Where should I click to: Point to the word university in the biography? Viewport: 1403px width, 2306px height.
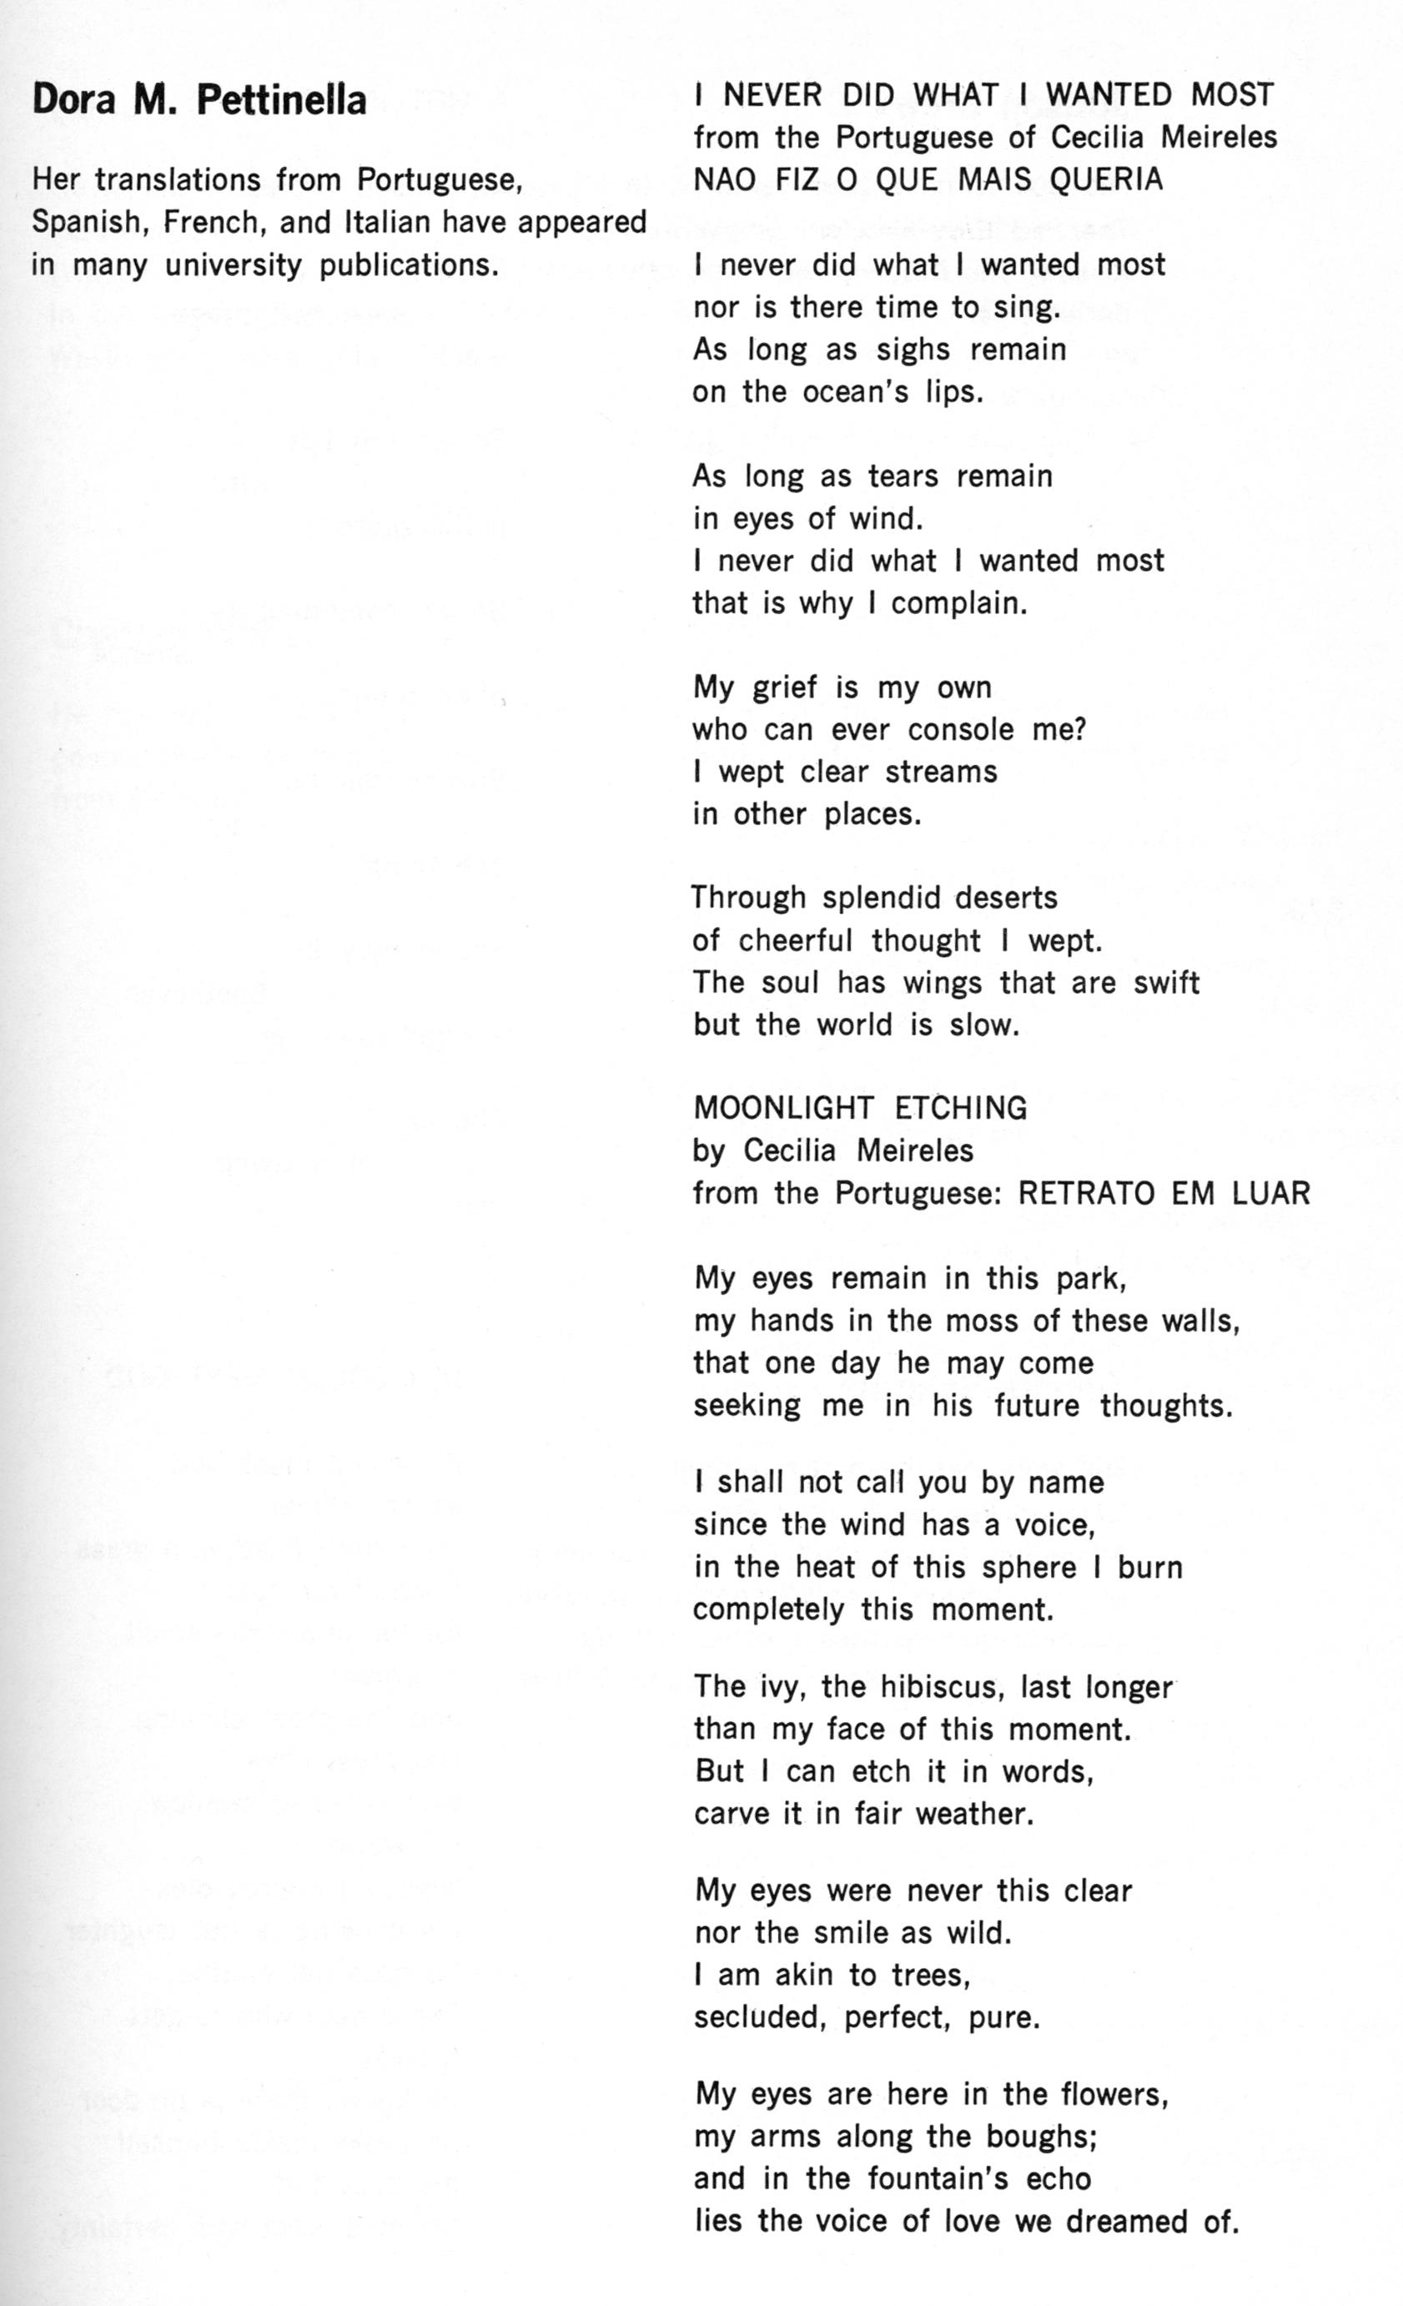[234, 266]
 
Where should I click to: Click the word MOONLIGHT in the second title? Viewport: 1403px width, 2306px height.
[784, 1108]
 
